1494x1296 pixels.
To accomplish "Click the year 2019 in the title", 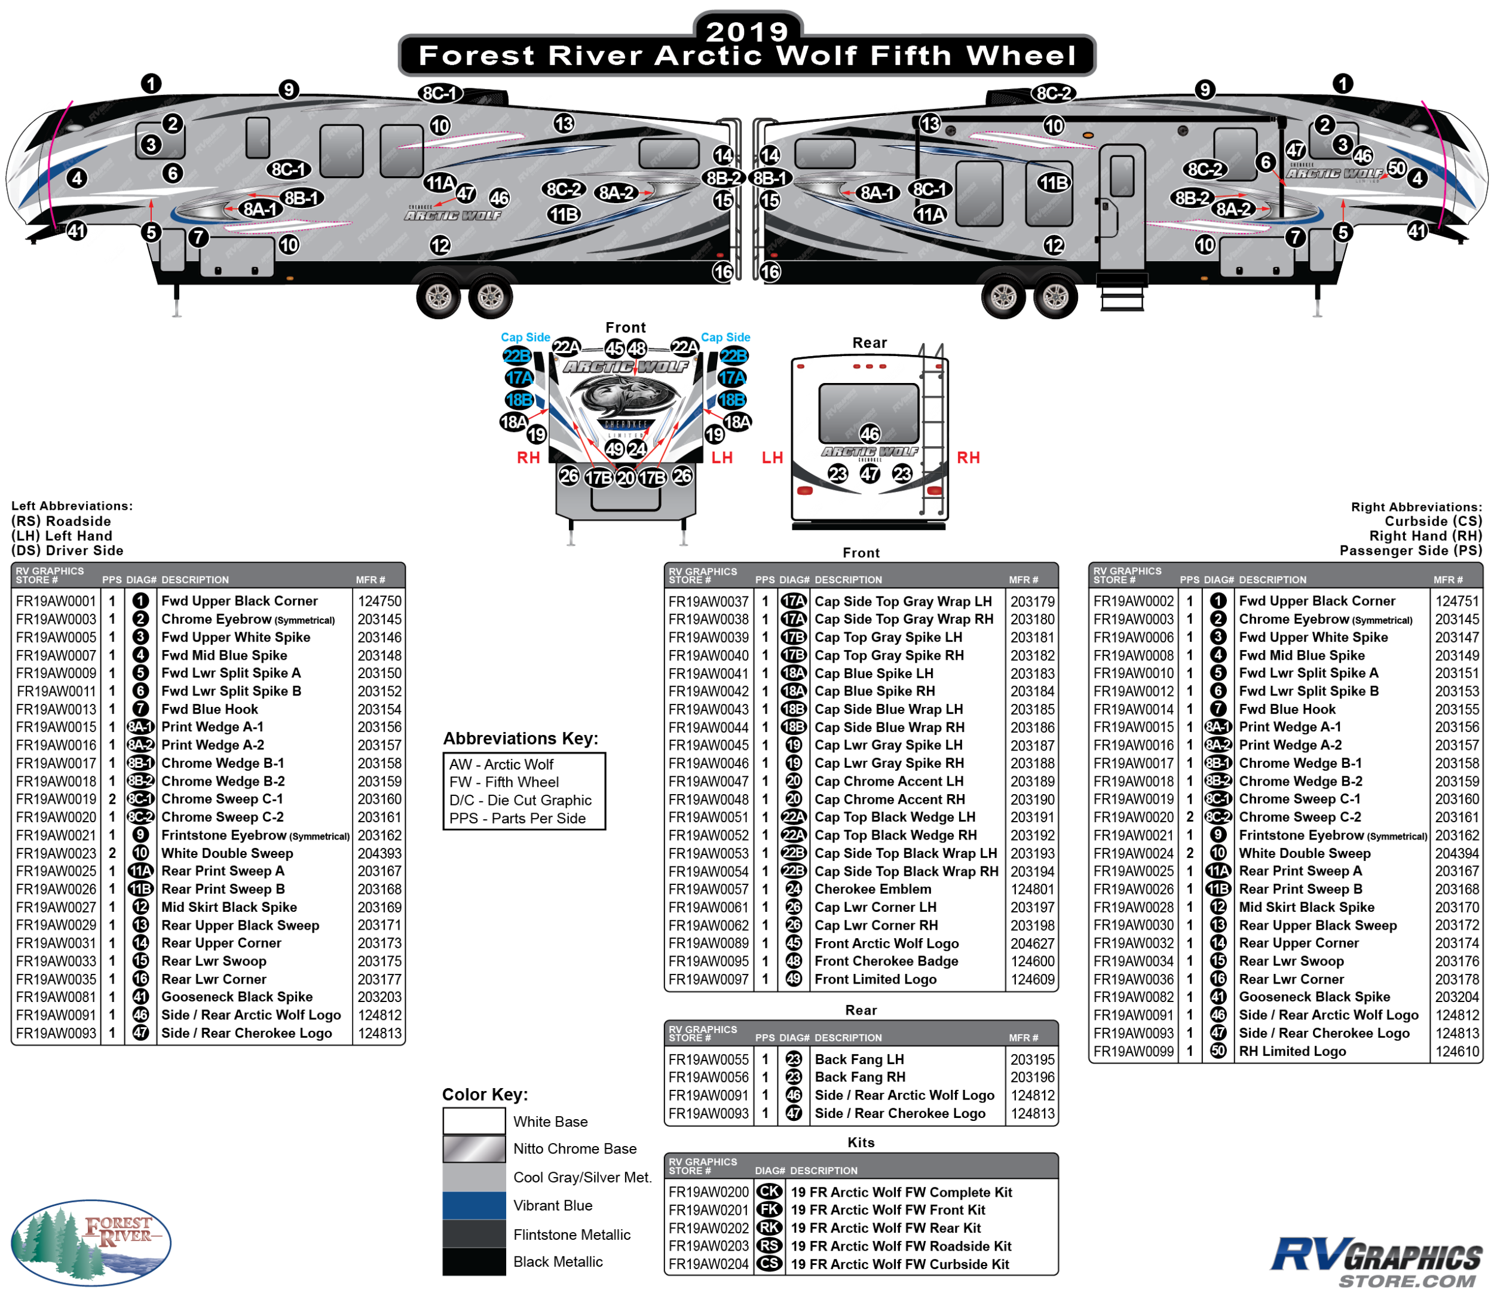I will [x=747, y=31].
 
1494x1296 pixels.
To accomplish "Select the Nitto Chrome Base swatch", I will [x=474, y=1148].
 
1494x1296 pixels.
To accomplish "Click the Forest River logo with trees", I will [x=91, y=1241].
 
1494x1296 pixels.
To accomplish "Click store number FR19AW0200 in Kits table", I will [x=709, y=1192].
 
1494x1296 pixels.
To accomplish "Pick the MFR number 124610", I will [x=1457, y=1052].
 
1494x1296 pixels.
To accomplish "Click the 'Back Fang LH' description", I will [x=859, y=1059].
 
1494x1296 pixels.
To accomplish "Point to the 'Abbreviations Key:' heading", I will [x=521, y=739].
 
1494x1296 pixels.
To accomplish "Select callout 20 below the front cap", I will [x=626, y=478].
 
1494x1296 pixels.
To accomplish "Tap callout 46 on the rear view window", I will [x=870, y=434].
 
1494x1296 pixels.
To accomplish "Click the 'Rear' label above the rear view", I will [x=870, y=343].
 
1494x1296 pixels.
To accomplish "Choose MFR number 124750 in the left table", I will [x=379, y=601].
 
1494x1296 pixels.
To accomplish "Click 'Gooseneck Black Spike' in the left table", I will [x=237, y=997].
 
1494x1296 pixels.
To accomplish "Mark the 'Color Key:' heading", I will [x=485, y=1094].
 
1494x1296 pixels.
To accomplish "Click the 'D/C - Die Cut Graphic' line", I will [x=520, y=801].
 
